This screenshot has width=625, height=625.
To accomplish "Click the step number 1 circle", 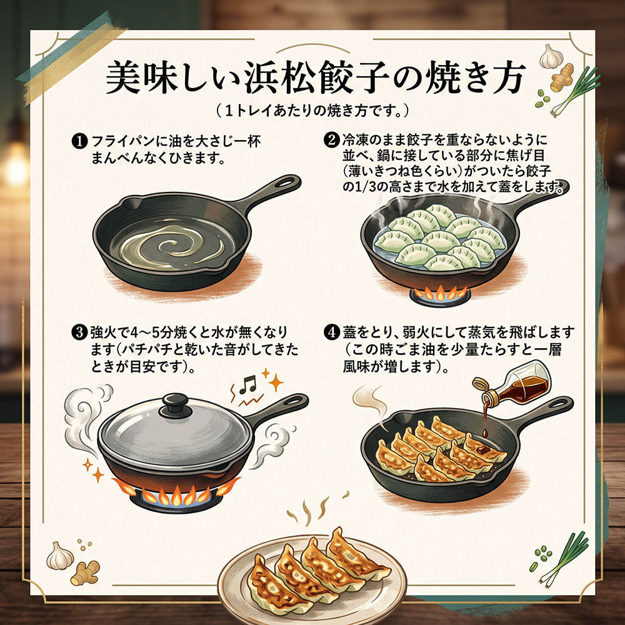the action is click(79, 141).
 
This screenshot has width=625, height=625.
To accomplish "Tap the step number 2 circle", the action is click(331, 140).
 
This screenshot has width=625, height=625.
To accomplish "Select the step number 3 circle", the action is click(79, 332).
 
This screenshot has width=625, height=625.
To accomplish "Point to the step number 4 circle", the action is click(332, 332).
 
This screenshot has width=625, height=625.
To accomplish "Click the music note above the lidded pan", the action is click(248, 384).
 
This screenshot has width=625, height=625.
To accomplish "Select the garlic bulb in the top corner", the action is click(551, 57).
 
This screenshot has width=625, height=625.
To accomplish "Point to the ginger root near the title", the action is click(562, 77).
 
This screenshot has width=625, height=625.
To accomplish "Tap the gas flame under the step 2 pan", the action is click(440, 293).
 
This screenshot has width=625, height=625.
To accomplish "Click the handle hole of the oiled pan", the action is click(286, 182).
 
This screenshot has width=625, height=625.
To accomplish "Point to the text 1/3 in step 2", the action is click(366, 187).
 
